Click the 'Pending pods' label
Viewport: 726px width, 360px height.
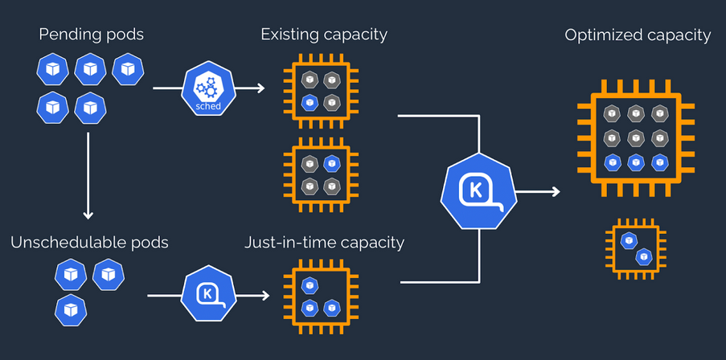91,35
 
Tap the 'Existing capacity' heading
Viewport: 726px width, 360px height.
324,35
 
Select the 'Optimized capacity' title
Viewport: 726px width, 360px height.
638,35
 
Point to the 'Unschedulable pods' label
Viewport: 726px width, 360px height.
90,243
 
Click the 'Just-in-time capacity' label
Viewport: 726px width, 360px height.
324,243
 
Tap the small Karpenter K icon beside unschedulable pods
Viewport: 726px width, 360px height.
208,294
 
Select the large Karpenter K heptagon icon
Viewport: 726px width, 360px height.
478,191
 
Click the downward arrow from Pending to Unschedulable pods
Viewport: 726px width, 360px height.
88,176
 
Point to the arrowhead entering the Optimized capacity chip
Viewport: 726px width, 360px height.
556,191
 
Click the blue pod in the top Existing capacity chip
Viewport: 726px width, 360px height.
310,102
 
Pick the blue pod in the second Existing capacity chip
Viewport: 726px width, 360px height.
331,163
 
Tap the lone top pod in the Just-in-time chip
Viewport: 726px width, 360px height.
310,285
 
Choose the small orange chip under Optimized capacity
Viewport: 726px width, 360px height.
636,249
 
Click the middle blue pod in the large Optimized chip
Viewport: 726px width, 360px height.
636,162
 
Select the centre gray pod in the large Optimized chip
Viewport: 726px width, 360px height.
636,138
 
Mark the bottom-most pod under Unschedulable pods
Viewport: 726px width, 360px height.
71,310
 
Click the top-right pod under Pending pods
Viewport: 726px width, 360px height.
128,69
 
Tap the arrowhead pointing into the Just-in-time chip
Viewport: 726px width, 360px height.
265,295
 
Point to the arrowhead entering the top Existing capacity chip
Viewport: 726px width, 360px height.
260,88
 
